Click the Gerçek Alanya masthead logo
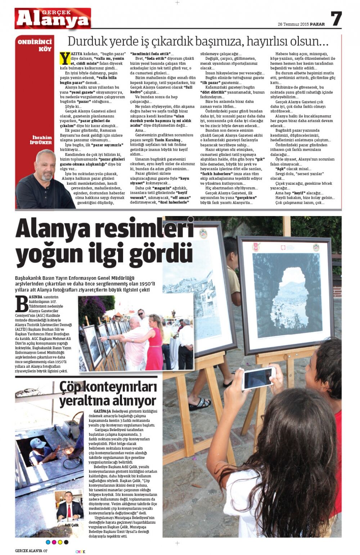[53, 18]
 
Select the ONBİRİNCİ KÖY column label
[35, 45]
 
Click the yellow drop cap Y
[65, 58]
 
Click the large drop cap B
[22, 304]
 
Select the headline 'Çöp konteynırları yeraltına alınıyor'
[108, 394]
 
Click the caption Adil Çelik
[71, 525]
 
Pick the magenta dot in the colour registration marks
[54, 542]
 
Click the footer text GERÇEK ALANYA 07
[31, 551]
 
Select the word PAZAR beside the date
[318, 24]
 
